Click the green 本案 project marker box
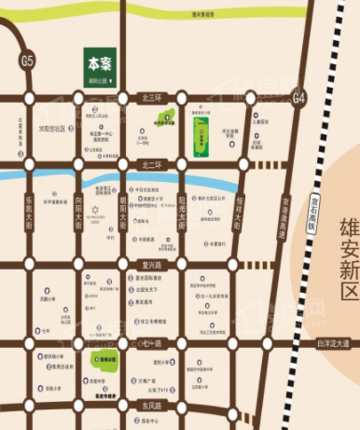click(x=100, y=68)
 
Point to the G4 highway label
click(x=298, y=97)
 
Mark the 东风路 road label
click(x=152, y=407)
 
